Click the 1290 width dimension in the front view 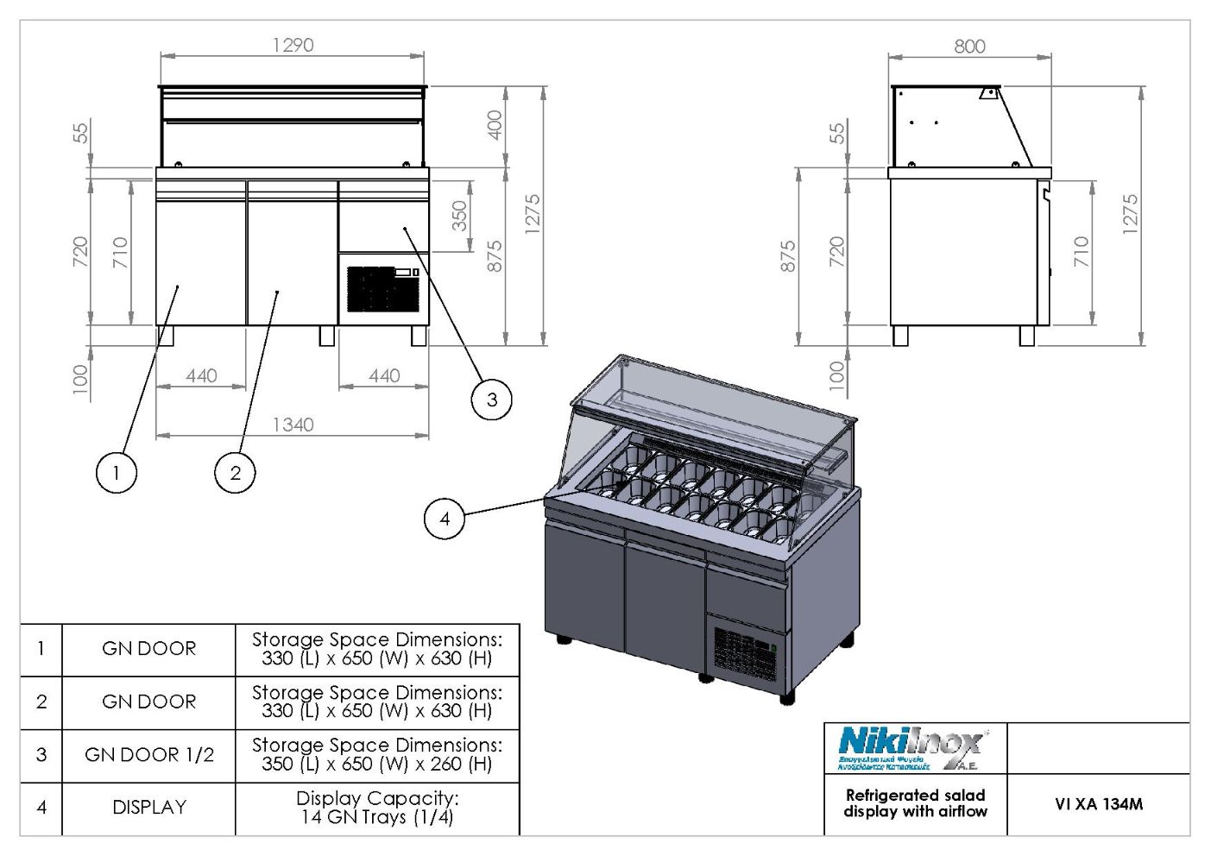point(293,45)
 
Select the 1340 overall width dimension point(293,425)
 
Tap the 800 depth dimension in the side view point(969,47)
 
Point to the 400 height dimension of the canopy point(494,126)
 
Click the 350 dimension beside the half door point(459,216)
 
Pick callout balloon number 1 point(115,472)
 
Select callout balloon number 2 point(235,472)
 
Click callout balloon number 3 point(491,399)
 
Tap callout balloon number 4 point(445,519)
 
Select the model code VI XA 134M point(1098,804)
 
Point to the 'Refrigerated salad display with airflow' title point(915,803)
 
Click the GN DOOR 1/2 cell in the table point(148,755)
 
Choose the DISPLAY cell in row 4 point(148,808)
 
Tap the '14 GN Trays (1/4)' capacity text point(377,816)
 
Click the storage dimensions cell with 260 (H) point(377,755)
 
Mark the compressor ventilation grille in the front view point(382,289)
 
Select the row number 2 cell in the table point(41,702)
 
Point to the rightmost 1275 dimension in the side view point(1130,213)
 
